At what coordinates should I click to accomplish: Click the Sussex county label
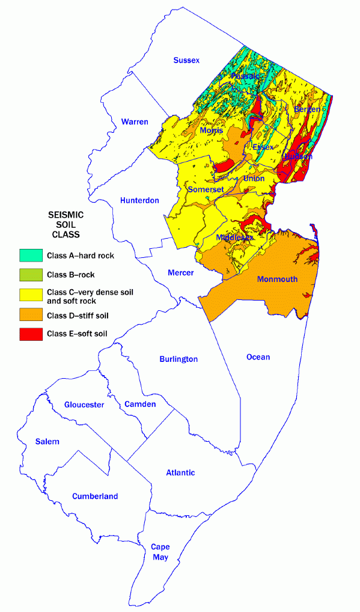pos(186,60)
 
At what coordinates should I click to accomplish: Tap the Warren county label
pos(135,122)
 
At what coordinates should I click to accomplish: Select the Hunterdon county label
pos(139,200)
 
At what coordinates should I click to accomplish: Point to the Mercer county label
pos(180,273)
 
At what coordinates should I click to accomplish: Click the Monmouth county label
pos(277,279)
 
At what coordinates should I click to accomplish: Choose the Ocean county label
pos(258,357)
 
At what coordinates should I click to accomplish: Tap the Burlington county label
pos(178,360)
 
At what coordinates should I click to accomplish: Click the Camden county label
pos(139,404)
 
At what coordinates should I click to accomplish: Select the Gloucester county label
pos(84,405)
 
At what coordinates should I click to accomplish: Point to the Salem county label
pos(47,441)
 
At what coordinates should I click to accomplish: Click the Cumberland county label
pos(95,497)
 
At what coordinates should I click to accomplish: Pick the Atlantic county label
pos(180,473)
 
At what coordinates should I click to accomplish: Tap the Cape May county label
pos(160,552)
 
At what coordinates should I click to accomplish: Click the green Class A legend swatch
pos(31,256)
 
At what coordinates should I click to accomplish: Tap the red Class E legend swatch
pos(31,334)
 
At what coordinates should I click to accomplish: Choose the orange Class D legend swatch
pos(31,315)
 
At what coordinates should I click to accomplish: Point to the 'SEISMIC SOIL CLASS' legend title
pos(66,224)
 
